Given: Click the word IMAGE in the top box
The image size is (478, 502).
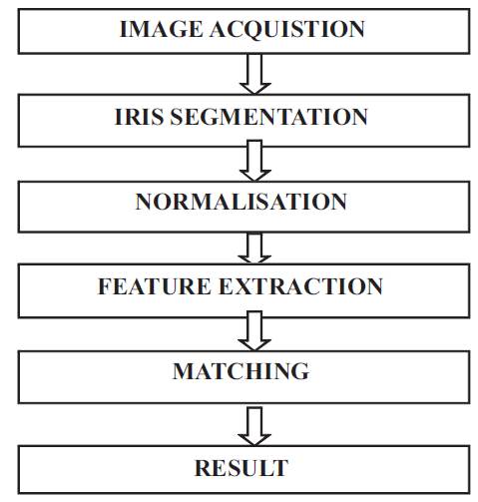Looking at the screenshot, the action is [161, 29].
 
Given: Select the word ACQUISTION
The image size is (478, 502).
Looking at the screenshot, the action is [287, 29].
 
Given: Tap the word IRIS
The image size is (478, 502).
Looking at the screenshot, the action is [139, 117].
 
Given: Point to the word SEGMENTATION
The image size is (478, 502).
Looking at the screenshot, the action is [268, 117].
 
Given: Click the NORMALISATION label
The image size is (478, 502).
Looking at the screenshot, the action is [240, 202].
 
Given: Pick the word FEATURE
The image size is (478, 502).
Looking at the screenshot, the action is [155, 286].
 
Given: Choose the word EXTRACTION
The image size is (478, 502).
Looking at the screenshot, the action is [300, 286].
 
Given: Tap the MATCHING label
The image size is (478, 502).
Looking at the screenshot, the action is [240, 371].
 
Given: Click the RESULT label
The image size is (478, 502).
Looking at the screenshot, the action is [241, 468].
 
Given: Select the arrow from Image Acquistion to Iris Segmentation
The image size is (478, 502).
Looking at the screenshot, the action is [254, 74].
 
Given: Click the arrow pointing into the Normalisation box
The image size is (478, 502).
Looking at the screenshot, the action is [254, 161].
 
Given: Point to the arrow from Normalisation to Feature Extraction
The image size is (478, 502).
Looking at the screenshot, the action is [254, 249].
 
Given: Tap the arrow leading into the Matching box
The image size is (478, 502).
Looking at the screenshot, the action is [254, 330].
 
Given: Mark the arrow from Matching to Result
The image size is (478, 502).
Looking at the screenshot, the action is [254, 426].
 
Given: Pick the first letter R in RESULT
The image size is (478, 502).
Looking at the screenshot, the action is [204, 468].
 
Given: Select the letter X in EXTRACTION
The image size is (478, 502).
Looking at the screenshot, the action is [246, 286].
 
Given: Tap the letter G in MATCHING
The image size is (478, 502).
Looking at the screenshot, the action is [300, 371].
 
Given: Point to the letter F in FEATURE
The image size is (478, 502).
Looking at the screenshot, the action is [105, 286].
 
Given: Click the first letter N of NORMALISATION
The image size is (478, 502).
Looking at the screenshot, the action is [145, 202].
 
